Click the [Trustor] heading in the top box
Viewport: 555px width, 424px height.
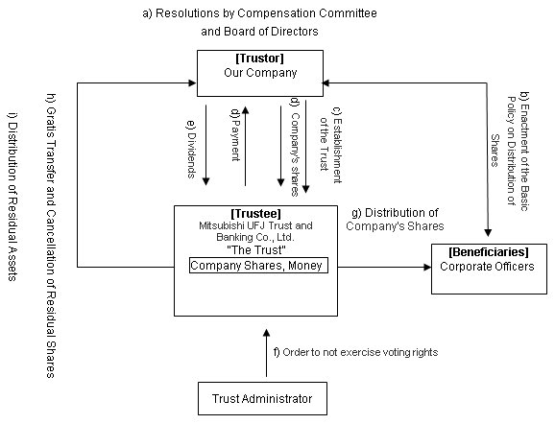click(260, 59)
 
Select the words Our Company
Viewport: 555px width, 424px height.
click(260, 73)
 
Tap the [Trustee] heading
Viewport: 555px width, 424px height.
click(255, 214)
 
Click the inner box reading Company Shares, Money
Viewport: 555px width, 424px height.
click(258, 266)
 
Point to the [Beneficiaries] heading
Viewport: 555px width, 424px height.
click(489, 252)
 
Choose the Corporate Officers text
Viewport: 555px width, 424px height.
click(487, 267)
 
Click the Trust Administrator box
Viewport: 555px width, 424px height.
click(262, 398)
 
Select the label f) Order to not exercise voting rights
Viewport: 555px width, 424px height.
click(355, 352)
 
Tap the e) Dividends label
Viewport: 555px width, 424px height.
click(191, 150)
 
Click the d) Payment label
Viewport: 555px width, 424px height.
click(236, 134)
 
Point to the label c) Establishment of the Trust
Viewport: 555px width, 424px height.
click(330, 145)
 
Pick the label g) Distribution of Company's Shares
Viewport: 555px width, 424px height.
click(395, 220)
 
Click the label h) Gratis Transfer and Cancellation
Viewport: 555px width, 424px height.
click(51, 236)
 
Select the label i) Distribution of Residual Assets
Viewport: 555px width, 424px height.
click(12, 197)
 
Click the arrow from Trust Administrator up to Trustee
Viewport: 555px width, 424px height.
click(267, 353)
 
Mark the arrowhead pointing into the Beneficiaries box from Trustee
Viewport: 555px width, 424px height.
click(427, 267)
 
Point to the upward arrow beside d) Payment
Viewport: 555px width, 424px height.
click(245, 146)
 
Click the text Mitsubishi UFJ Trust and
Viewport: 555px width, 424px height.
click(255, 225)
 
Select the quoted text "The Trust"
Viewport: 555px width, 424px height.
click(256, 250)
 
